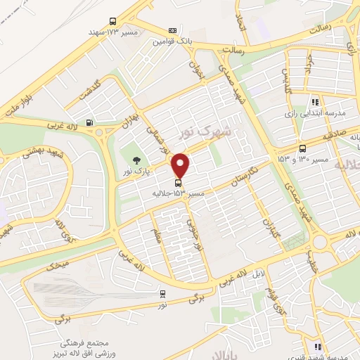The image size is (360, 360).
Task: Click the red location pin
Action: pyautogui.click(x=181, y=166)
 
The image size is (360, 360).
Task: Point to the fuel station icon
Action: pyautogui.click(x=89, y=122)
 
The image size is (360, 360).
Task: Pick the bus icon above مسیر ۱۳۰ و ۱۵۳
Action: pyautogui.click(x=302, y=148)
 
